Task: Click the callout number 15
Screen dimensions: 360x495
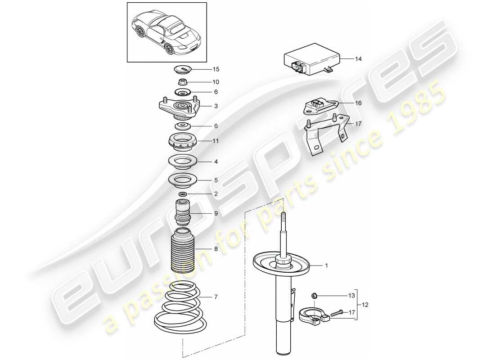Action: click(216, 69)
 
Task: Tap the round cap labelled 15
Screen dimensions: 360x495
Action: click(183, 70)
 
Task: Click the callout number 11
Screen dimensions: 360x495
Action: click(216, 141)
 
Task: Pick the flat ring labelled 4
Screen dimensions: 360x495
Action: click(183, 160)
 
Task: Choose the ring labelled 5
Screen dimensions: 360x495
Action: click(183, 180)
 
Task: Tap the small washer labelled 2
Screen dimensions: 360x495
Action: click(183, 194)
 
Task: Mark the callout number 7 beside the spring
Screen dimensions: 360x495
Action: click(216, 297)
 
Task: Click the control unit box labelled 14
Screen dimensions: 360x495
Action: click(310, 62)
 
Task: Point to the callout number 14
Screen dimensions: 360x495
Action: click(358, 59)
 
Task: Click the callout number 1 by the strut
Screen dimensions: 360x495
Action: click(327, 265)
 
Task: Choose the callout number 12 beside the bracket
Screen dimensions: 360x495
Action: click(365, 305)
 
